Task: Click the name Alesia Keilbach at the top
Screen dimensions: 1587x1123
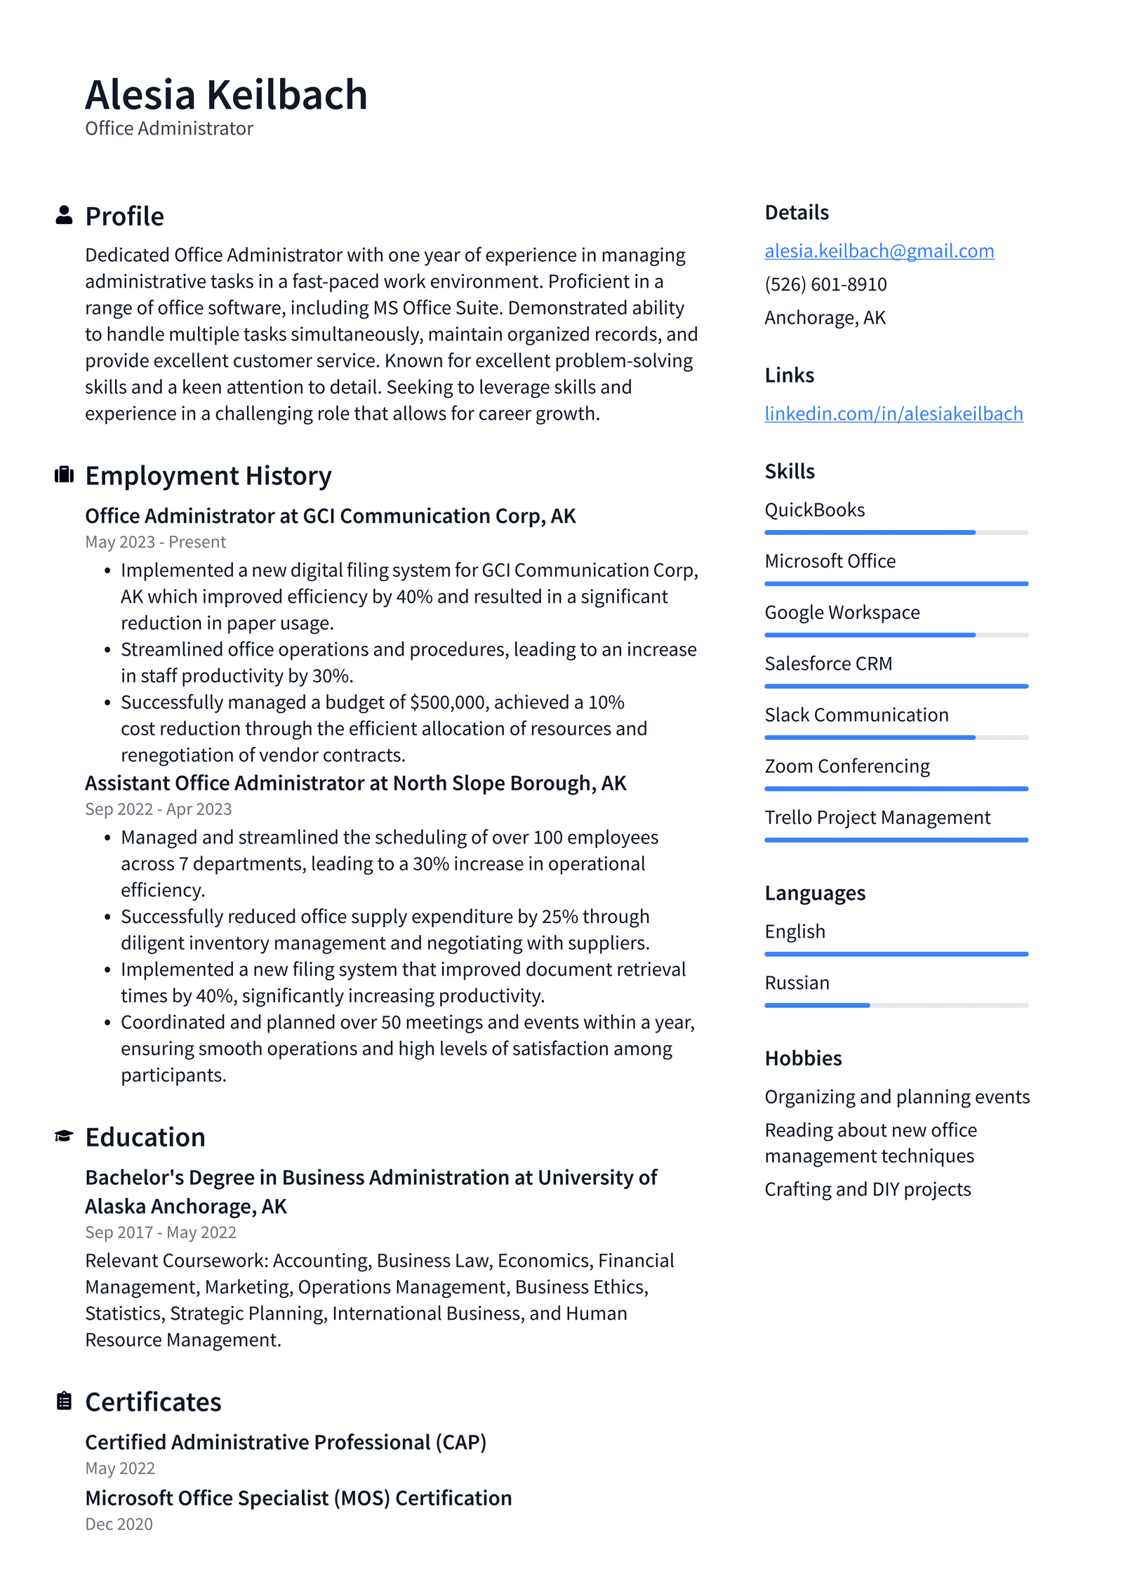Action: coord(226,95)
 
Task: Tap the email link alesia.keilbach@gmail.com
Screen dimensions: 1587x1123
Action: coord(879,251)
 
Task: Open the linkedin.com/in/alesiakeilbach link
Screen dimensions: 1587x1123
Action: coord(893,413)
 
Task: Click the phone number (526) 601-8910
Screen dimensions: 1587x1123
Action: coord(825,284)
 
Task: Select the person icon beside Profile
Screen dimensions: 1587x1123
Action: coord(64,215)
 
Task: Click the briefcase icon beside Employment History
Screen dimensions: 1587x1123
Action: coord(64,475)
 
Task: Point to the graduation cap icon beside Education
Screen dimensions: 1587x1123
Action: coord(64,1136)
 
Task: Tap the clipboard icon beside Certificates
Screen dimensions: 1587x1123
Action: coord(64,1400)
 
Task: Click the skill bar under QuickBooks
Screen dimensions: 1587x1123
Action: coord(896,533)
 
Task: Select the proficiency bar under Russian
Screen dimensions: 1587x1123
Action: coord(896,1005)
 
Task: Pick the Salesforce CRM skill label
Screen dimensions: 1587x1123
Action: coord(828,663)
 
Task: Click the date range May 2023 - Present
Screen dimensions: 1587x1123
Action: coord(155,542)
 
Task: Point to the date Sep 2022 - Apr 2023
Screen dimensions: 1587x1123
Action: coord(158,809)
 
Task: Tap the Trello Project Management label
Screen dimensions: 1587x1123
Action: coord(877,817)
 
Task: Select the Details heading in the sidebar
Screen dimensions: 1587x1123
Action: coord(797,212)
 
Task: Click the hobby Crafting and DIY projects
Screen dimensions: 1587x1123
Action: coord(868,1189)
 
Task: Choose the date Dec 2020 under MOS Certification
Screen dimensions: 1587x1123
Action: coord(119,1524)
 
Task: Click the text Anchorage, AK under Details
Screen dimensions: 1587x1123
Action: coord(825,318)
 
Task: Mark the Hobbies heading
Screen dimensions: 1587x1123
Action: coord(803,1058)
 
